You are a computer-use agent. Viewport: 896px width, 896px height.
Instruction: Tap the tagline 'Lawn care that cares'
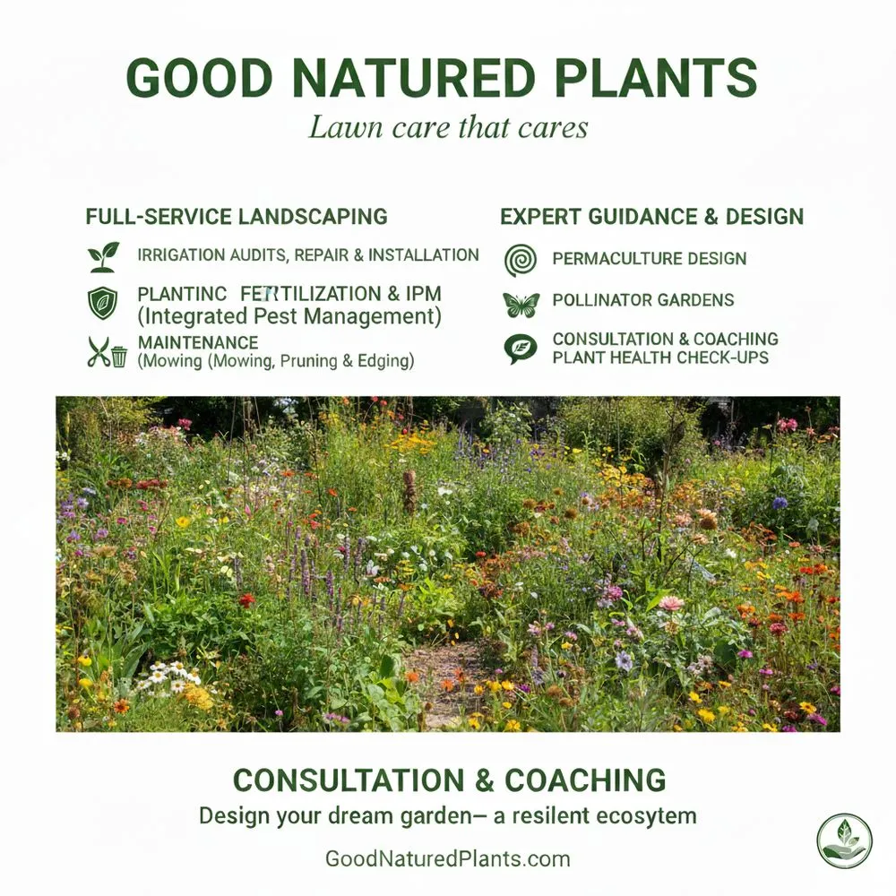point(448,126)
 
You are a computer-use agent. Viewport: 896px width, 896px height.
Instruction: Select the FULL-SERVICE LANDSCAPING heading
point(237,217)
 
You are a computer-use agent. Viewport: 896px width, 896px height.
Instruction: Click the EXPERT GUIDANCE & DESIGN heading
point(651,217)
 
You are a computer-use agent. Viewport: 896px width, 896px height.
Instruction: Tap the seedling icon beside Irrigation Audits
point(103,257)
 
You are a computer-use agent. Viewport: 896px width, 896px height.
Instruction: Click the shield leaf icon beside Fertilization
point(102,303)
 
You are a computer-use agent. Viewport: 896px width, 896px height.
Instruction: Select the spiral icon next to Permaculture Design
point(521,259)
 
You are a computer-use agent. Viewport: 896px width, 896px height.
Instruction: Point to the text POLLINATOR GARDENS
point(643,300)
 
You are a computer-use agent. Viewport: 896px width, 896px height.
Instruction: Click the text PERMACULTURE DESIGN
point(650,259)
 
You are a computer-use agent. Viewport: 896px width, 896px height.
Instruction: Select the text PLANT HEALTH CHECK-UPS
point(661,358)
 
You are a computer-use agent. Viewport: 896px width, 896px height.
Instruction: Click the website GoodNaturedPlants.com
point(447,859)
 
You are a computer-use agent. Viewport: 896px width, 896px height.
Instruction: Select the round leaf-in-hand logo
point(844,840)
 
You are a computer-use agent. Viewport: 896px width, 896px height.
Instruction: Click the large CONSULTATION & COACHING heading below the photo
point(449,780)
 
